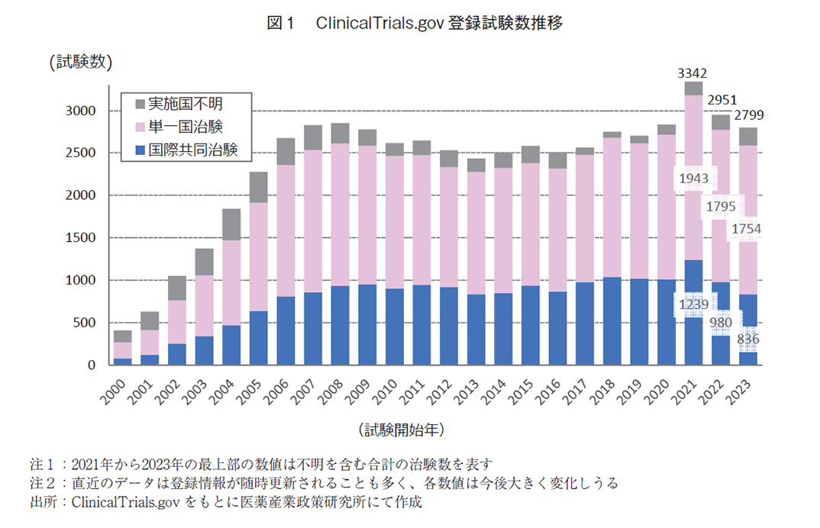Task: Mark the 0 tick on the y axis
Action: pos(91,365)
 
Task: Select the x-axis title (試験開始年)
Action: pos(400,430)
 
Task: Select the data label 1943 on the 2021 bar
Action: pos(694,178)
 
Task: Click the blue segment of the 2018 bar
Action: pos(612,321)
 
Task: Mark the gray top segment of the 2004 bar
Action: pos(231,224)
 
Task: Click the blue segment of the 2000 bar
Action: pos(123,362)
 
